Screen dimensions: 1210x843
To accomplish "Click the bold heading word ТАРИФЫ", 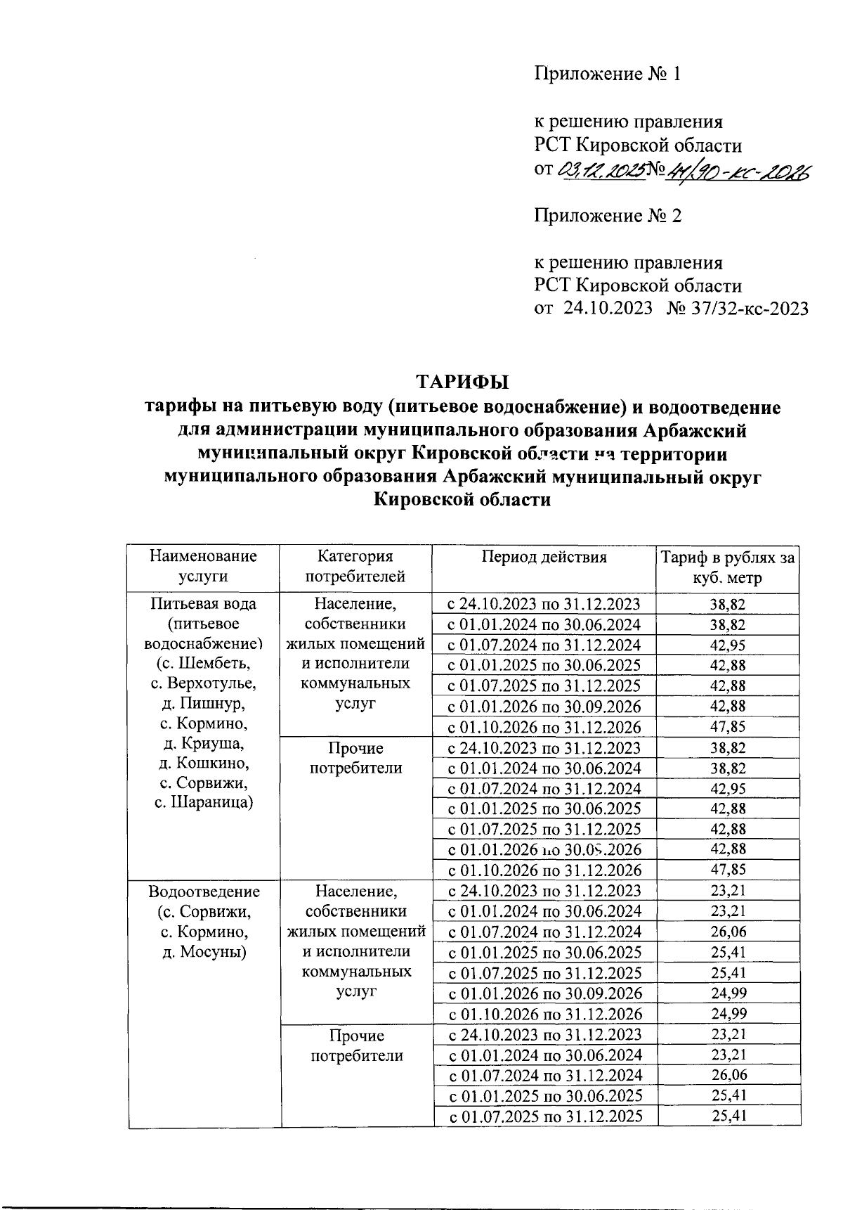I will (x=462, y=383).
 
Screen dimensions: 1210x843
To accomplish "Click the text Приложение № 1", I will (x=608, y=74).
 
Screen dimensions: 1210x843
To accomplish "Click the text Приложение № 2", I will (x=608, y=215).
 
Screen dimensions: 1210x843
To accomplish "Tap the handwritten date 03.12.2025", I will (x=602, y=169).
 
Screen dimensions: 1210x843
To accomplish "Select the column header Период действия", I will (x=544, y=558).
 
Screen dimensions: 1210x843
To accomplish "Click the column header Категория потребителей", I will (x=356, y=567).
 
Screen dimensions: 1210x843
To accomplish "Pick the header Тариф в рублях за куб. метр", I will (x=727, y=567).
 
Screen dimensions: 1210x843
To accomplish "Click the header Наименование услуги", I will (x=203, y=567).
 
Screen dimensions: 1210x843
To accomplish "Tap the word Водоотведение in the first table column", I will (x=204, y=892).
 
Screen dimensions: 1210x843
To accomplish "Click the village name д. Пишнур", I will (x=204, y=703).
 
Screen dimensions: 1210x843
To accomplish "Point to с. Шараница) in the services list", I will (x=204, y=803).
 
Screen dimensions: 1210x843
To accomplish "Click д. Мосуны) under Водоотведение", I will (x=204, y=952).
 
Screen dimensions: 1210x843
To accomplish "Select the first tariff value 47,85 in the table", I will (x=727, y=727).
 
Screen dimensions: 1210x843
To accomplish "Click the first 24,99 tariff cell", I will (x=727, y=993).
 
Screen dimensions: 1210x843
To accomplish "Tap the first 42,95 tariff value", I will (x=727, y=645).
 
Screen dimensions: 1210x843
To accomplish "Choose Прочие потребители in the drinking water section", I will (x=356, y=758).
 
